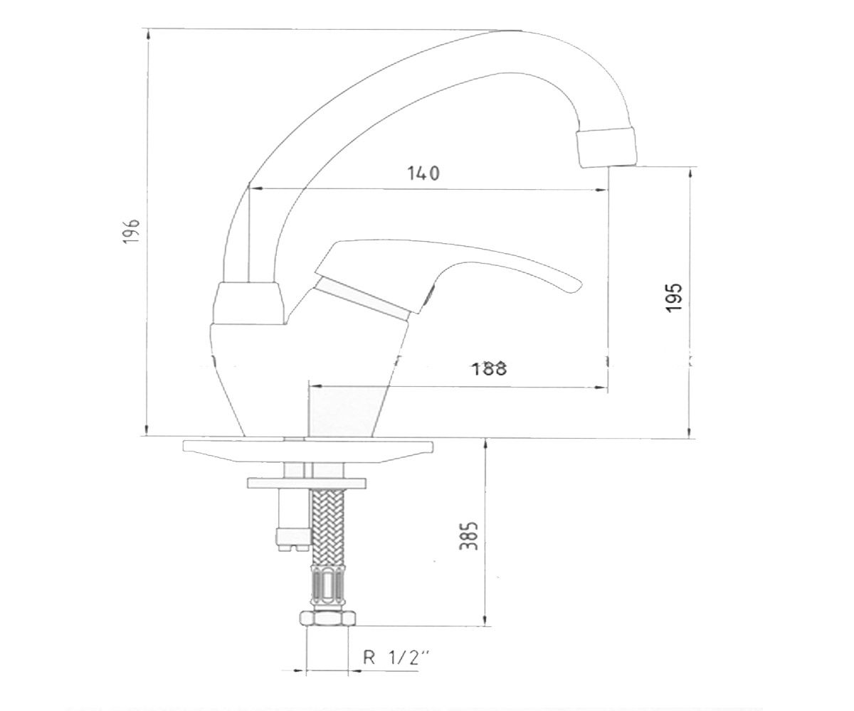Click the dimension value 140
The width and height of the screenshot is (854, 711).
(423, 173)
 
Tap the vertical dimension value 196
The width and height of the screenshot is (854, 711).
(132, 231)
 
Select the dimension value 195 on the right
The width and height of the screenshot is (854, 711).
(675, 297)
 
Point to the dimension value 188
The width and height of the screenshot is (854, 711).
(490, 368)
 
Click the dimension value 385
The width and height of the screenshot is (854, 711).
(469, 535)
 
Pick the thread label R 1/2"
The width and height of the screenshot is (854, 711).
(396, 658)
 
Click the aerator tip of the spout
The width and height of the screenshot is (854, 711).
(606, 147)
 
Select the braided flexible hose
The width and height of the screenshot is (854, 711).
(327, 526)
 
